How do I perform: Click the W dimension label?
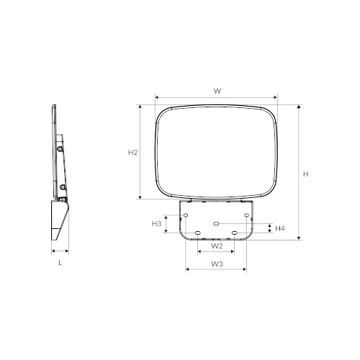pyautogui.click(x=217, y=91)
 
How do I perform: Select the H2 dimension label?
pyautogui.click(x=132, y=153)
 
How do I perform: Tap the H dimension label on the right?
pyautogui.click(x=305, y=174)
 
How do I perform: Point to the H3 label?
pyautogui.click(x=157, y=224)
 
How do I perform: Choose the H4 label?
pyautogui.click(x=280, y=228)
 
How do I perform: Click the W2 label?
pyautogui.click(x=217, y=246)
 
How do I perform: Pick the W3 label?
pyautogui.click(x=217, y=264)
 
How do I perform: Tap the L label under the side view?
pyautogui.click(x=60, y=263)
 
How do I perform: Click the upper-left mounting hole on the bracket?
pyautogui.click(x=186, y=215)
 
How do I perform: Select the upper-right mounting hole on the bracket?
pyautogui.click(x=246, y=215)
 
